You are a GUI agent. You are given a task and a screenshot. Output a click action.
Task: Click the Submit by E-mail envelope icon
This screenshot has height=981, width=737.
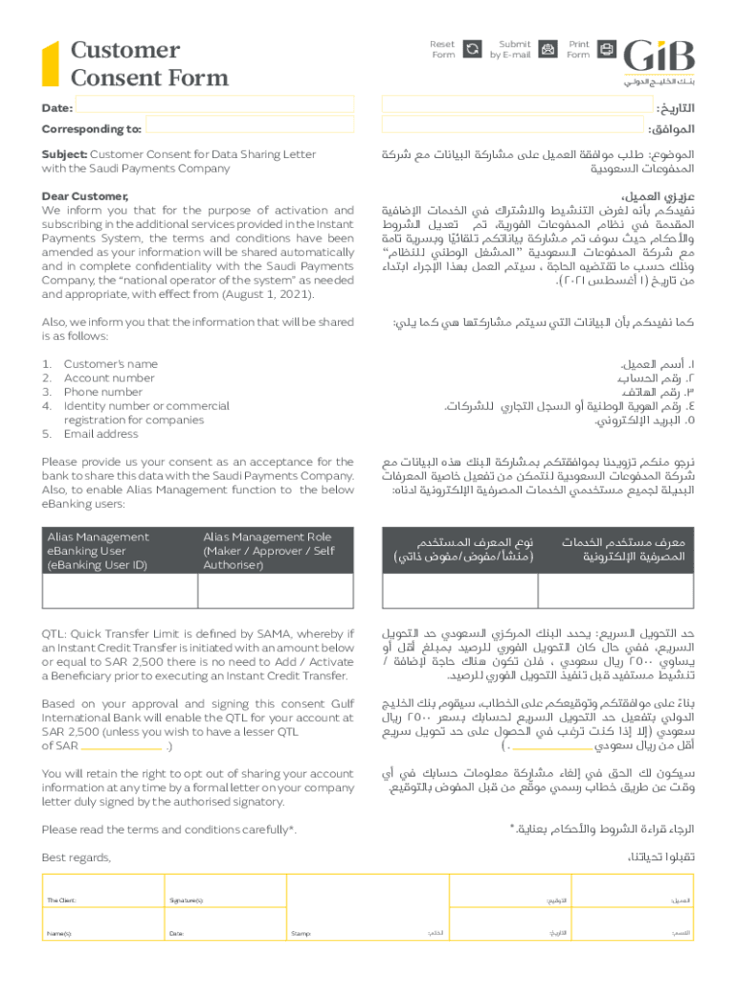pyautogui.click(x=547, y=49)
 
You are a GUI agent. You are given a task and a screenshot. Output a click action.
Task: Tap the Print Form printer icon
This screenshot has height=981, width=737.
pyautogui.click(x=606, y=49)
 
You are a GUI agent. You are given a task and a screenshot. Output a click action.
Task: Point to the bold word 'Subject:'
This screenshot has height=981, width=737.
pyautogui.click(x=64, y=154)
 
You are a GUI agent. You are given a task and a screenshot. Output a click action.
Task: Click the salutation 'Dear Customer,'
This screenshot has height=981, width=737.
pyautogui.click(x=85, y=196)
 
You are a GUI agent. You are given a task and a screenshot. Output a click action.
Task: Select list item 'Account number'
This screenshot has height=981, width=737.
pyautogui.click(x=108, y=378)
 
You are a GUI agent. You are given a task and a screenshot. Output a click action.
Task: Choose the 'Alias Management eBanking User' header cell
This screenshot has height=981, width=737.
pyautogui.click(x=99, y=551)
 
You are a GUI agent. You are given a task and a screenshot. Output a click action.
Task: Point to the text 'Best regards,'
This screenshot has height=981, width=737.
pyautogui.click(x=77, y=857)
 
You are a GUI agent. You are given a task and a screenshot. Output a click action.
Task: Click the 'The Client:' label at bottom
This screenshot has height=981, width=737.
pyautogui.click(x=61, y=901)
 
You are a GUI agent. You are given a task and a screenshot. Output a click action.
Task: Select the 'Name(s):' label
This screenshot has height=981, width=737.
pyautogui.click(x=59, y=932)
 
